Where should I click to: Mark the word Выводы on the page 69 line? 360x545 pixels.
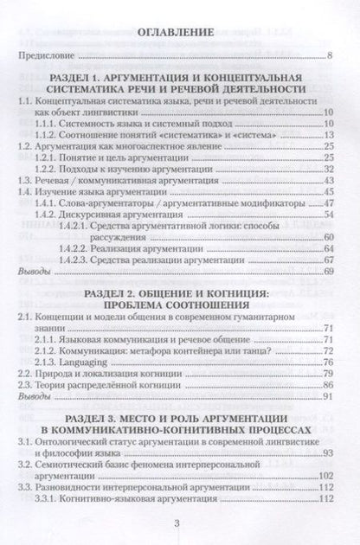point(32,271)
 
